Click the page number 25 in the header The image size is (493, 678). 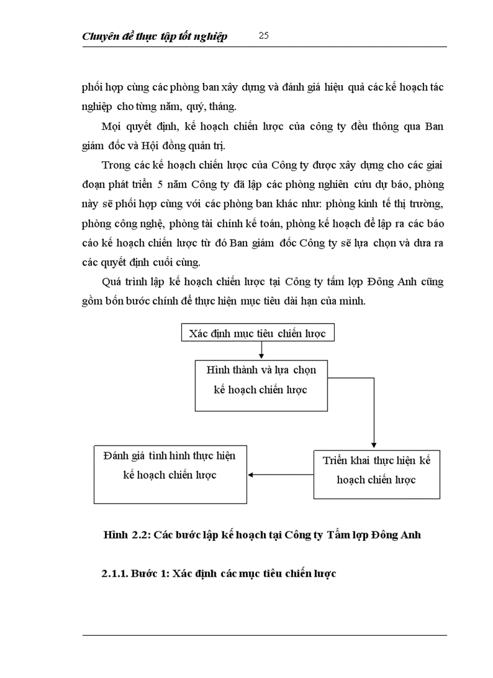[263, 36]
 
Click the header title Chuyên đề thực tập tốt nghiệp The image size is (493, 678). [155, 37]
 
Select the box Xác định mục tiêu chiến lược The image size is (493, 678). [257, 333]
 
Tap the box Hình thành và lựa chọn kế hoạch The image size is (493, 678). [261, 386]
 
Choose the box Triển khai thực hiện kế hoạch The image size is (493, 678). [376, 474]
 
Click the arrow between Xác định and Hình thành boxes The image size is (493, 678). [261, 350]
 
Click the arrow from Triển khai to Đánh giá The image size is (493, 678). [280, 475]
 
